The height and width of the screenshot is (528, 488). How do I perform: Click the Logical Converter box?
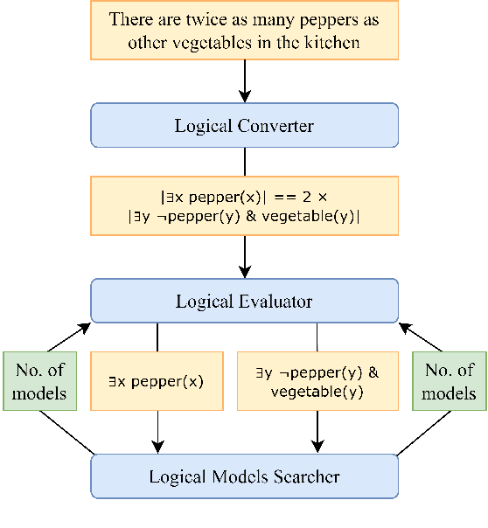point(244,125)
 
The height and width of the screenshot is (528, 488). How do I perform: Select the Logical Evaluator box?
point(244,302)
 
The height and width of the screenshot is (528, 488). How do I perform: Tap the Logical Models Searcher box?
point(244,476)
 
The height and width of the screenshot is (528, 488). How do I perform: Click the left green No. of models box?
point(39,381)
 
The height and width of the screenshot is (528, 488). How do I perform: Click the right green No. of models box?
point(450,381)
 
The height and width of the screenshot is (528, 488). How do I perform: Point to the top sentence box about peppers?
point(244,31)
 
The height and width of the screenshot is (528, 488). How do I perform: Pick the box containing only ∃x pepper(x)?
point(157,381)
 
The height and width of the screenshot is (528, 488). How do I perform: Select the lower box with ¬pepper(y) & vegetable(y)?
point(317,381)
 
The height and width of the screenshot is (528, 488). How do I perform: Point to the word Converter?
point(276,125)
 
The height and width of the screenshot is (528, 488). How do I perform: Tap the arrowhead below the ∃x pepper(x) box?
point(157,445)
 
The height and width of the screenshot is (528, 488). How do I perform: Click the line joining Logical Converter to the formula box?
point(244,162)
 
